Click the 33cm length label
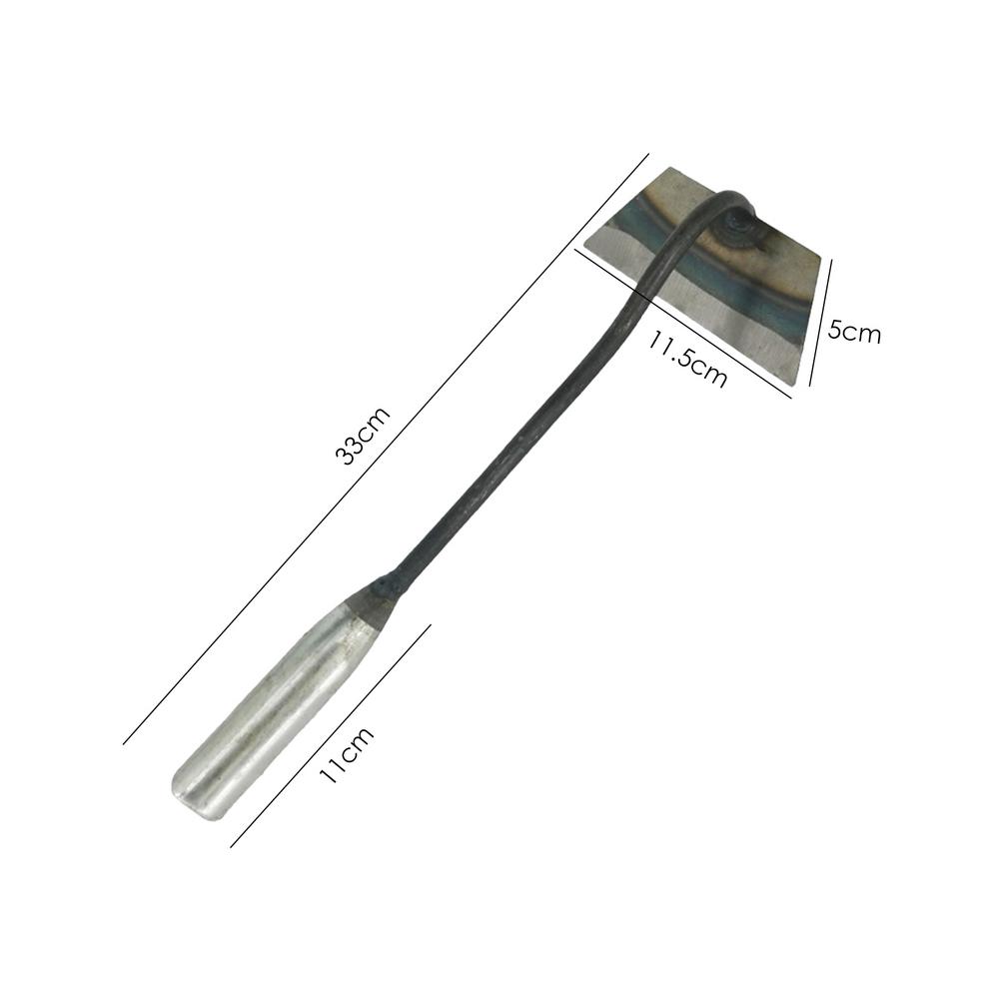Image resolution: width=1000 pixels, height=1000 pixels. [x=362, y=437]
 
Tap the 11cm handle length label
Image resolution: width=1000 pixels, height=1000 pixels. [x=346, y=755]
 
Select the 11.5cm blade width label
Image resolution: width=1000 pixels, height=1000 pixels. [x=686, y=358]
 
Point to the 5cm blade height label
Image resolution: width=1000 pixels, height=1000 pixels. [x=854, y=332]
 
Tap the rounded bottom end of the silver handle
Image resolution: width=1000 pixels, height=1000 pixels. [x=191, y=799]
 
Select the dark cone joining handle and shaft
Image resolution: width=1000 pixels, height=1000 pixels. [x=376, y=600]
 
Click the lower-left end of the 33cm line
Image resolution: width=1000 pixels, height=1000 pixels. [x=124, y=743]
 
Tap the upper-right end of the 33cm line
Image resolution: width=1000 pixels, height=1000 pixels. [x=648, y=154]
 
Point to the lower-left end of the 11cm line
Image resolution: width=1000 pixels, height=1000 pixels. [x=231, y=846]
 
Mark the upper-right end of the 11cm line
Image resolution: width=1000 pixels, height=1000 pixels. [x=431, y=625]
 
